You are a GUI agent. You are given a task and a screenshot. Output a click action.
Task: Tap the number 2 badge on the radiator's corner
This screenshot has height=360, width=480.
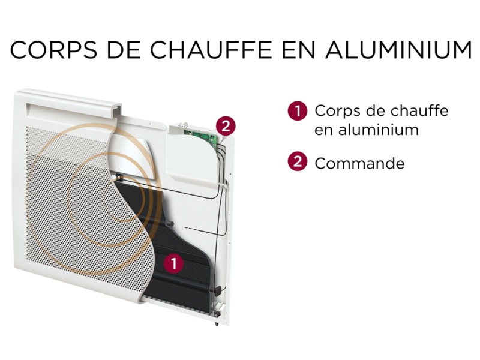click(x=225, y=126)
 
